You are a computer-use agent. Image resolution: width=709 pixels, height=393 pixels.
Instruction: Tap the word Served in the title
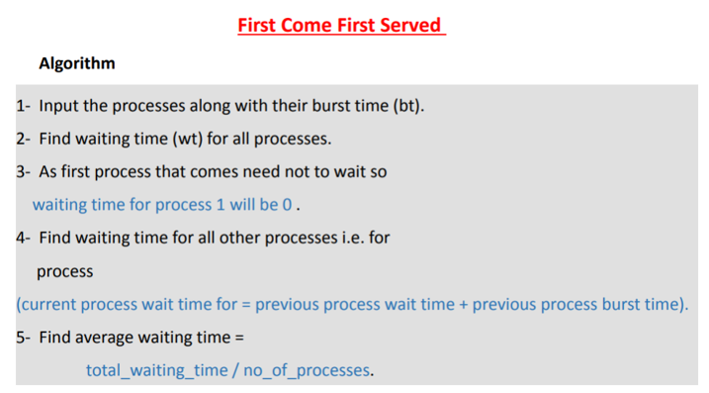[x=406, y=26]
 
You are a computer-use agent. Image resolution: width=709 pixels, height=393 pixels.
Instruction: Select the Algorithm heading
[x=77, y=63]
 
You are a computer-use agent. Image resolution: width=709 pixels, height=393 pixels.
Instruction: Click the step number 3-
[x=24, y=171]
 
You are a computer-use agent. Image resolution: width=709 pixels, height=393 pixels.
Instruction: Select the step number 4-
[x=24, y=238]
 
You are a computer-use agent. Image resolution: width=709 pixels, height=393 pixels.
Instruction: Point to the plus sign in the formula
[x=463, y=304]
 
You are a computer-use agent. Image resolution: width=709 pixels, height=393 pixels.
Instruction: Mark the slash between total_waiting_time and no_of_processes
[x=235, y=371]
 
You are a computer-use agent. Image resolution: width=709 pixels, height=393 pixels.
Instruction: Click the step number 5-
[x=24, y=338]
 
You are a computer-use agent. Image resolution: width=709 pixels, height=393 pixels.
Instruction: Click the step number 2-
[x=24, y=138]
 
